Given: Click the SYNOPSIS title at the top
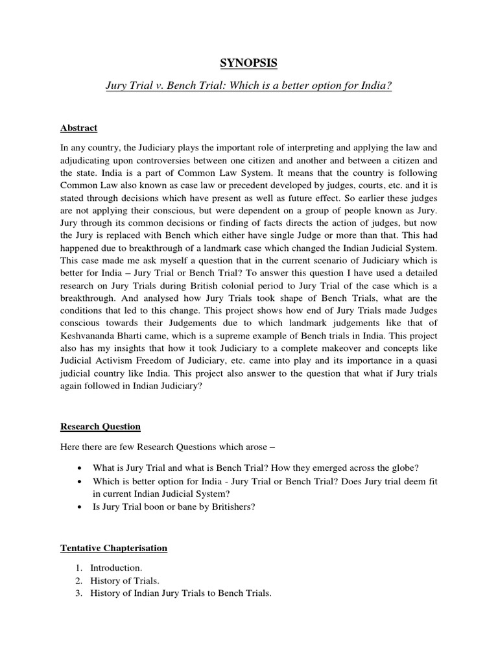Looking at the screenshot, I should (249, 64).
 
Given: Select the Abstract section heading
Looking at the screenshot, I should (78, 128).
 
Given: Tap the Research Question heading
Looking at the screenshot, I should (101, 427).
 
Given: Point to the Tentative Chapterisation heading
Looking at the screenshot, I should (113, 548).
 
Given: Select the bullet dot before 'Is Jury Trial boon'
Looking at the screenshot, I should (78, 506).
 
